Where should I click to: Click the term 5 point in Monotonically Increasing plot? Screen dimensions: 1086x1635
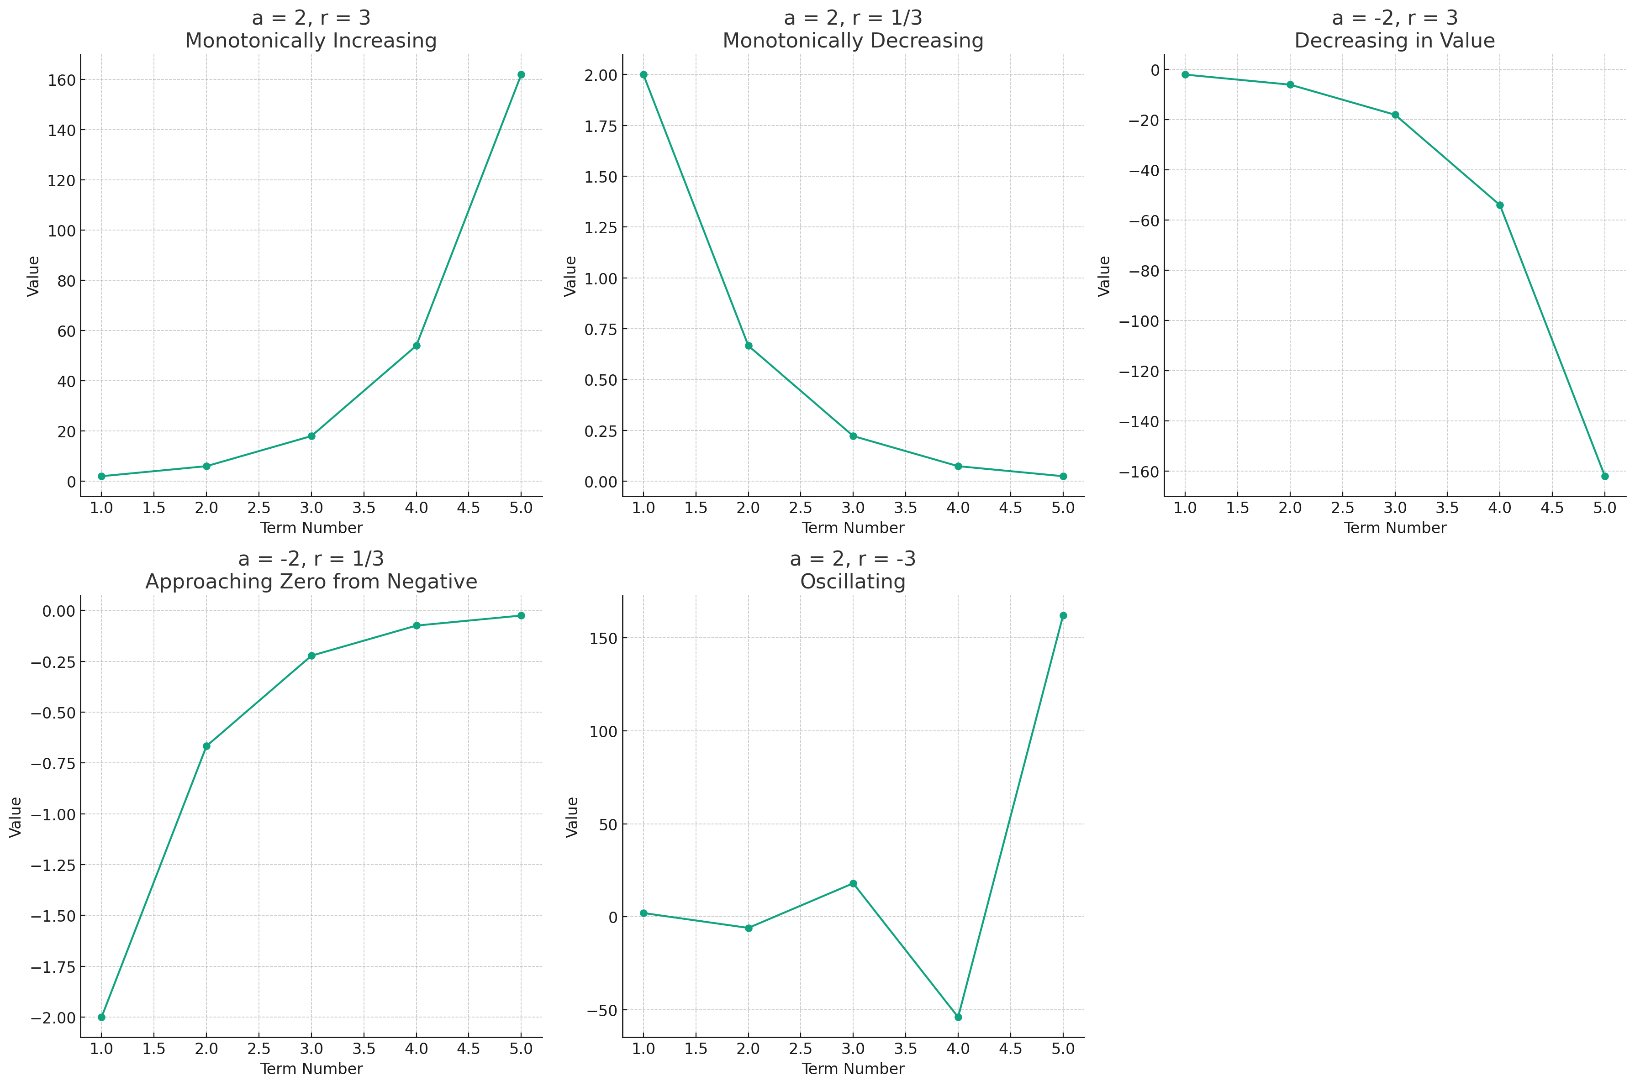(x=521, y=75)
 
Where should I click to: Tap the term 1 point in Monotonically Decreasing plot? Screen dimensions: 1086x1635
(x=643, y=75)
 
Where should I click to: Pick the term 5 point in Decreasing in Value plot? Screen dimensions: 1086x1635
(x=1604, y=477)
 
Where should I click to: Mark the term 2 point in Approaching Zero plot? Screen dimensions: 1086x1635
(x=206, y=746)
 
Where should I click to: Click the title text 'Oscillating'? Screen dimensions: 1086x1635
(x=853, y=582)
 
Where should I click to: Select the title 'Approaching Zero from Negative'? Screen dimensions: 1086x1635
(x=311, y=582)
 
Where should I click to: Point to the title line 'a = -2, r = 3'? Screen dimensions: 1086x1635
(x=1395, y=17)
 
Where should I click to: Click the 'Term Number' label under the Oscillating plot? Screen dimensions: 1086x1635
(x=853, y=1069)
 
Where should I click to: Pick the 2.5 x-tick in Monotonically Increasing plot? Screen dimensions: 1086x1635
(x=259, y=508)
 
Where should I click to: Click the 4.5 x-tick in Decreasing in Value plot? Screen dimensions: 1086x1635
(x=1552, y=508)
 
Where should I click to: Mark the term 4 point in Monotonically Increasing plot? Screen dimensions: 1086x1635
(x=417, y=346)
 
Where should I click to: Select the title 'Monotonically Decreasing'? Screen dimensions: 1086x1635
(x=853, y=41)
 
